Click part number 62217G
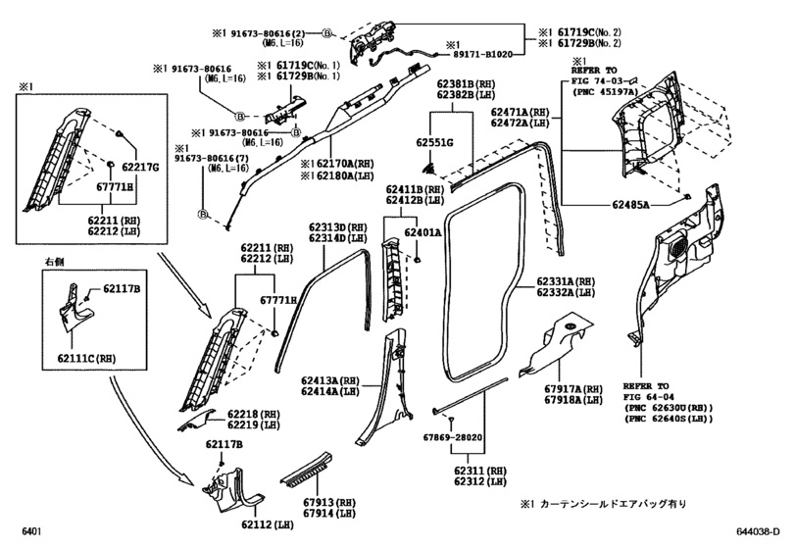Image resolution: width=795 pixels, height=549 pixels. (140, 167)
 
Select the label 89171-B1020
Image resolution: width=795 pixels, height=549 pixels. (480, 54)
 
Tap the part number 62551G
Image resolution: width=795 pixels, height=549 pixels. (435, 143)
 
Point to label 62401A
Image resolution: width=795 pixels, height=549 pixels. (422, 232)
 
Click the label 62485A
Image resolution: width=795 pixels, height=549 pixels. (630, 205)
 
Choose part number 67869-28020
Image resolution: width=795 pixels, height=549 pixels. (453, 437)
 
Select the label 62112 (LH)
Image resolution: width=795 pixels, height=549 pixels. (268, 525)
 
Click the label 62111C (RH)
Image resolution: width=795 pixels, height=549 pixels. (86, 359)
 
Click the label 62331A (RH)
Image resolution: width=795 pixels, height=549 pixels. (566, 281)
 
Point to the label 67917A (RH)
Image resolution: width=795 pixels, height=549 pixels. (573, 389)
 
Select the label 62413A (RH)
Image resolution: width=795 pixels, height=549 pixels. (330, 380)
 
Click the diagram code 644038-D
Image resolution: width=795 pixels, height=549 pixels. (758, 531)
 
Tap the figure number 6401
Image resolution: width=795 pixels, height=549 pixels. (31, 531)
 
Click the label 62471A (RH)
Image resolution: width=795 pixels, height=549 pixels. (521, 112)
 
